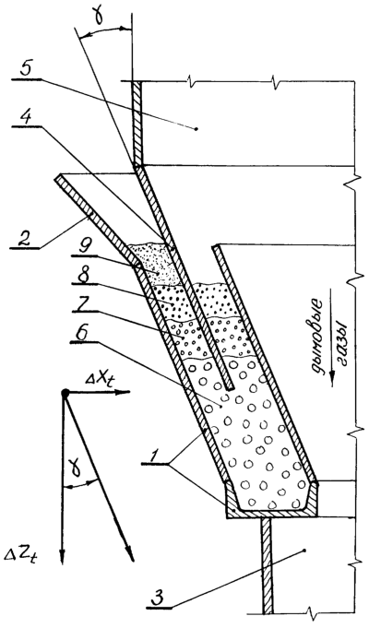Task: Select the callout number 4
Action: [x=26, y=116]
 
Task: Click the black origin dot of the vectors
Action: [x=65, y=393]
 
